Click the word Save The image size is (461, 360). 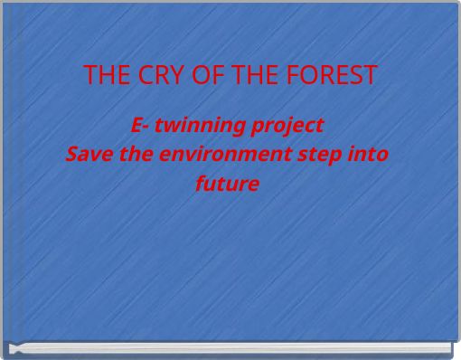point(89,154)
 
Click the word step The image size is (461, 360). point(323,155)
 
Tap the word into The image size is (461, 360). point(371,154)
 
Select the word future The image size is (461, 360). point(227,184)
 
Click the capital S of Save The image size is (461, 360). point(73,154)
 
